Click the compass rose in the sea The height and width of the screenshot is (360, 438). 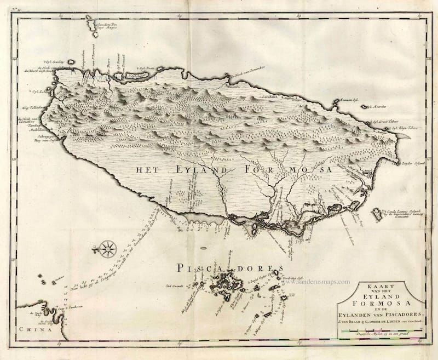point(107,249)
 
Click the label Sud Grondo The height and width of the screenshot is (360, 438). point(174,285)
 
